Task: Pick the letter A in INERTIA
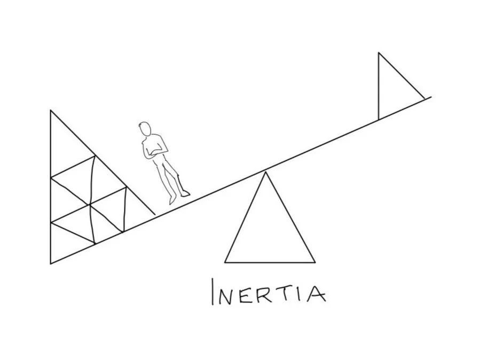314,294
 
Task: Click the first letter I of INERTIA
214,293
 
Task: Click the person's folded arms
155,152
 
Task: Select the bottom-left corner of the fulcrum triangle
225,263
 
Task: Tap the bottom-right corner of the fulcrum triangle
315,263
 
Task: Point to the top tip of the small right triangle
379,53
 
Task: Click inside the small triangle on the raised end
392,93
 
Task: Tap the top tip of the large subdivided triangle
51,111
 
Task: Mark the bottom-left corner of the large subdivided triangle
51,263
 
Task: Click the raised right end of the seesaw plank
430,97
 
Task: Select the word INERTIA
269,293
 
